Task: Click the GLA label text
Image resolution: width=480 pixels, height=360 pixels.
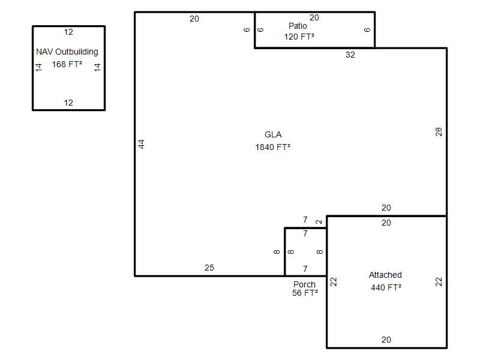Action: [273, 134]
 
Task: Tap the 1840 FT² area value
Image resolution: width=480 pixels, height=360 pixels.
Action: [273, 147]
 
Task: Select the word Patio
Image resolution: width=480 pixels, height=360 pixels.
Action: [298, 26]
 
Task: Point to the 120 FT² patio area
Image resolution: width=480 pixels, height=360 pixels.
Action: [299, 37]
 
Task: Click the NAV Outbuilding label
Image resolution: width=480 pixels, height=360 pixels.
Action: [67, 52]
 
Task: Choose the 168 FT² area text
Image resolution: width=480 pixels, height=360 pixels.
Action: [67, 64]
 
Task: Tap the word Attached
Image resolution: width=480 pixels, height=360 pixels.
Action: [385, 275]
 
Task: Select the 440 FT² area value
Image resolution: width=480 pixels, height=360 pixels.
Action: [386, 287]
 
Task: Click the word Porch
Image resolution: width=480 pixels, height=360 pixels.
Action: [304, 284]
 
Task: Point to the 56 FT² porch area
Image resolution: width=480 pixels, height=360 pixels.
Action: [305, 293]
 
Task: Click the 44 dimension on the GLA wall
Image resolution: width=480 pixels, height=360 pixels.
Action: [141, 144]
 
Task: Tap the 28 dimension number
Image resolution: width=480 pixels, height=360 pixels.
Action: [439, 132]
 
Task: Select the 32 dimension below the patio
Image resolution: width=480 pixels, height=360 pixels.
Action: [350, 55]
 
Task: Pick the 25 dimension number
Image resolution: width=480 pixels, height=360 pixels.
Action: [209, 268]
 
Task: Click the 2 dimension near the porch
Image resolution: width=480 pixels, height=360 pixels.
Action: [319, 221]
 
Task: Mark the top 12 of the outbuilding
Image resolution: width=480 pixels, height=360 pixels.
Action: [68, 32]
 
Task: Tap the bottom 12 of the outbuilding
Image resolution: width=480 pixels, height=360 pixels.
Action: [68, 103]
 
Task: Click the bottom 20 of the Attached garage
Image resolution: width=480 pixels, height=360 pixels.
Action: [386, 340]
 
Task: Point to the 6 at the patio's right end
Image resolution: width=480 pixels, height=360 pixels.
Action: [367, 29]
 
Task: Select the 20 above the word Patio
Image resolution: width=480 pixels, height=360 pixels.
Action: [314, 18]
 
